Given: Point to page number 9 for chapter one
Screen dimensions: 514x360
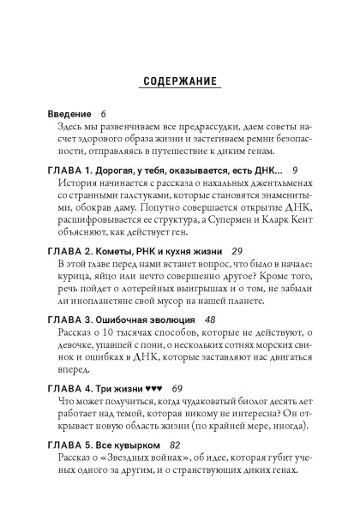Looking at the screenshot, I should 295,171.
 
